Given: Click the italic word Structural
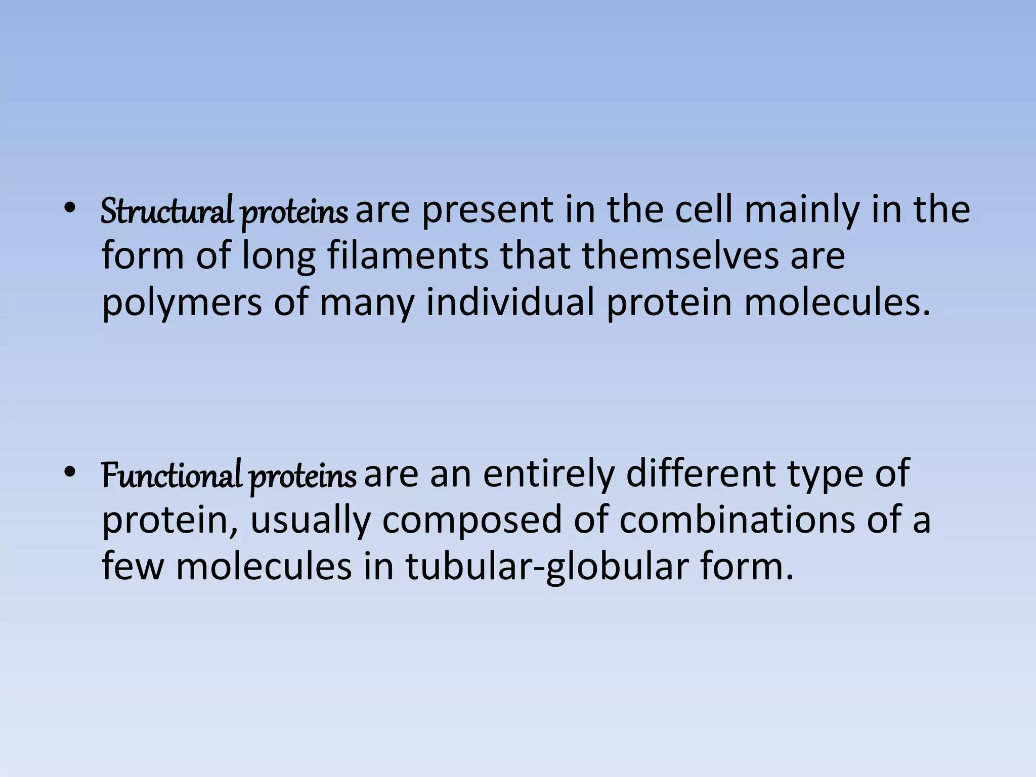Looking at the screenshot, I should point(166,211).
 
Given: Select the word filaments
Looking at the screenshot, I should point(408,255).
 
